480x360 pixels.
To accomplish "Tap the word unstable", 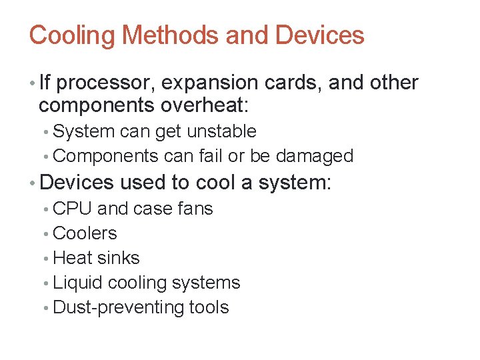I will pos(221,131).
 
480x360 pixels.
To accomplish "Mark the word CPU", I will pos(72,209).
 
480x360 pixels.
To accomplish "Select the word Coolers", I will pos(85,233).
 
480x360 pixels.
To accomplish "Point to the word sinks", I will pos(118,258).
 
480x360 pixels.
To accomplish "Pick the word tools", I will pos(209,307).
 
